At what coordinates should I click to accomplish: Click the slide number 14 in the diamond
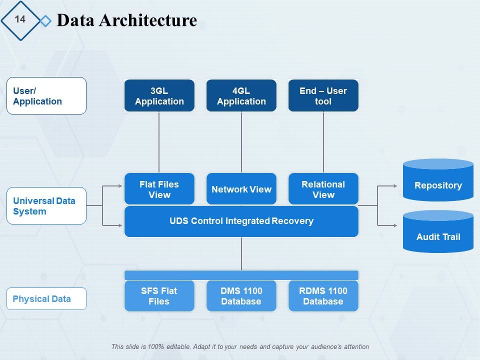[20, 19]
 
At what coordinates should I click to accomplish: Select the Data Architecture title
[127, 20]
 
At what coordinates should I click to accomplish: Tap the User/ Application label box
[46, 95]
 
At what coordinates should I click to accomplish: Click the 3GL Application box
[159, 95]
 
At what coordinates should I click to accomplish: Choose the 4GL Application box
[241, 95]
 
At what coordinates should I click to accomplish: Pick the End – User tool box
[323, 95]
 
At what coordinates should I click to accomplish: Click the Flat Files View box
[159, 189]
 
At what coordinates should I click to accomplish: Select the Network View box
[241, 189]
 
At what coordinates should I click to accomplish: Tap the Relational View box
[323, 189]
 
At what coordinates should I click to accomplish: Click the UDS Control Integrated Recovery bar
[241, 221]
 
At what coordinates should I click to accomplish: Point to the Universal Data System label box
[46, 206]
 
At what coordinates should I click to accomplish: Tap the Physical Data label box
[46, 299]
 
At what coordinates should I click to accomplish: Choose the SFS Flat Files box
[159, 296]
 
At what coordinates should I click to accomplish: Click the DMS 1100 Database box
[241, 296]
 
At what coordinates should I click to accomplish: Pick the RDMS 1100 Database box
[323, 296]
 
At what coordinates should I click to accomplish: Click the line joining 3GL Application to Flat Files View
[159, 142]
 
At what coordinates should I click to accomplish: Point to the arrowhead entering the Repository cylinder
[395, 186]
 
